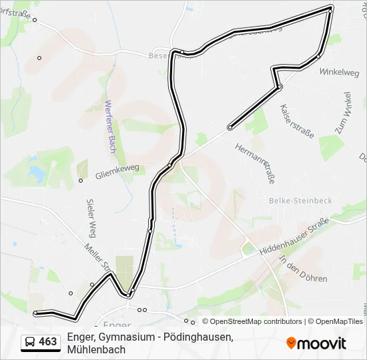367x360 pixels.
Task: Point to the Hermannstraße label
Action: tap(259, 163)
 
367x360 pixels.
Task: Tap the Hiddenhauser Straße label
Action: tap(294, 236)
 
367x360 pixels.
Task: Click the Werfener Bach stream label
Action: tap(111, 126)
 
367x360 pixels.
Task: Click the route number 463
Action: tap(48, 342)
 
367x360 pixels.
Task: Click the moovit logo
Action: tap(316, 343)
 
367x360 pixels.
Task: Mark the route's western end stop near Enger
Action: tap(36, 312)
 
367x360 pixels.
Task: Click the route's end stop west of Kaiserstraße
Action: tap(230, 127)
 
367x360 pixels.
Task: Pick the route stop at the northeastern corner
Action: tap(330, 10)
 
